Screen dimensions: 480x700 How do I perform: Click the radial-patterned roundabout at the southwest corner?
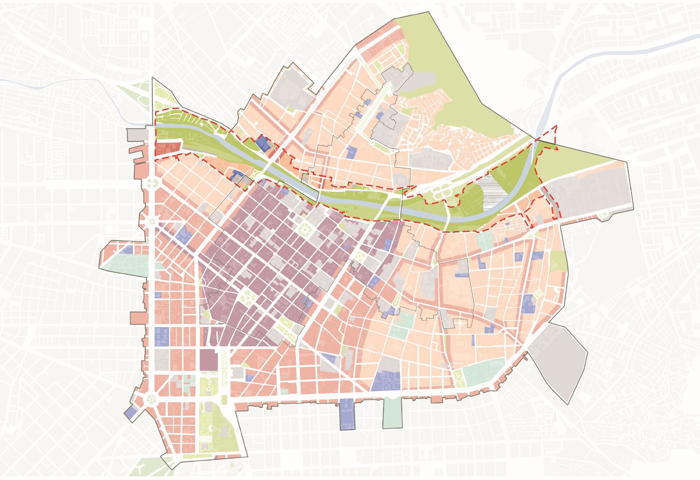pos(152,399)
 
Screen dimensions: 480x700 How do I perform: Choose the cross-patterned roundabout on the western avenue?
pos(152,183)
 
